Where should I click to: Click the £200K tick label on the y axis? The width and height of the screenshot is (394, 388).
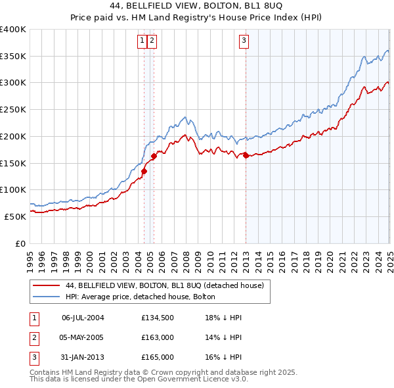(13, 136)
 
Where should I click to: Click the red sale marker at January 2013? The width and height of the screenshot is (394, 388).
(246, 155)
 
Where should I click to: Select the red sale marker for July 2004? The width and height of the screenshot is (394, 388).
(144, 171)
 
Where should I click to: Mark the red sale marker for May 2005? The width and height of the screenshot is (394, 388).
(154, 156)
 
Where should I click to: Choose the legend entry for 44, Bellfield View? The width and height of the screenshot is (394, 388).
(164, 286)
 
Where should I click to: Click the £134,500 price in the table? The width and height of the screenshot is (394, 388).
(157, 318)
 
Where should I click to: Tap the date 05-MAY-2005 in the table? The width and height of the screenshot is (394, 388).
(83, 337)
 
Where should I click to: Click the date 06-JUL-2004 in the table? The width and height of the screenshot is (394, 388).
(83, 318)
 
